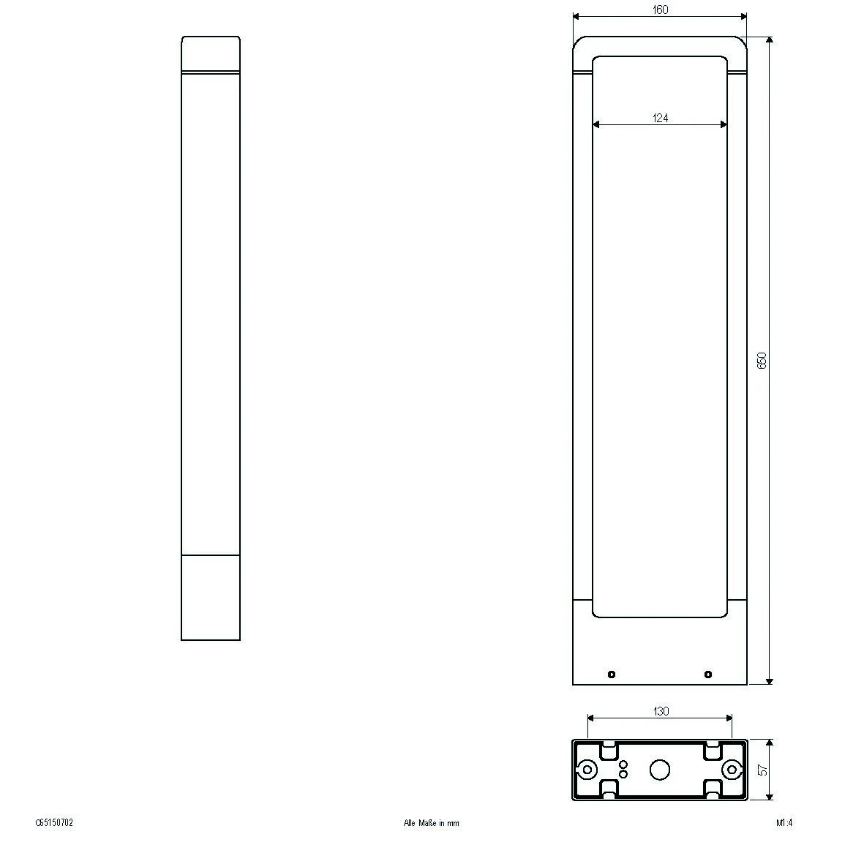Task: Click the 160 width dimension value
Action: click(x=660, y=10)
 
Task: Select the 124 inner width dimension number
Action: click(x=660, y=118)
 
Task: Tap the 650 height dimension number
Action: click(x=762, y=360)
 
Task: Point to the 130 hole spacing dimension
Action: click(x=660, y=711)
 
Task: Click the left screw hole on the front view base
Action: click(x=612, y=675)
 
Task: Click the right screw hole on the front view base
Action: click(x=707, y=675)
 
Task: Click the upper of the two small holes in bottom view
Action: click(x=623, y=765)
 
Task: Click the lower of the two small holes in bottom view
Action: click(x=623, y=774)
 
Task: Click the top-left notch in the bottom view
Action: click(x=607, y=751)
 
